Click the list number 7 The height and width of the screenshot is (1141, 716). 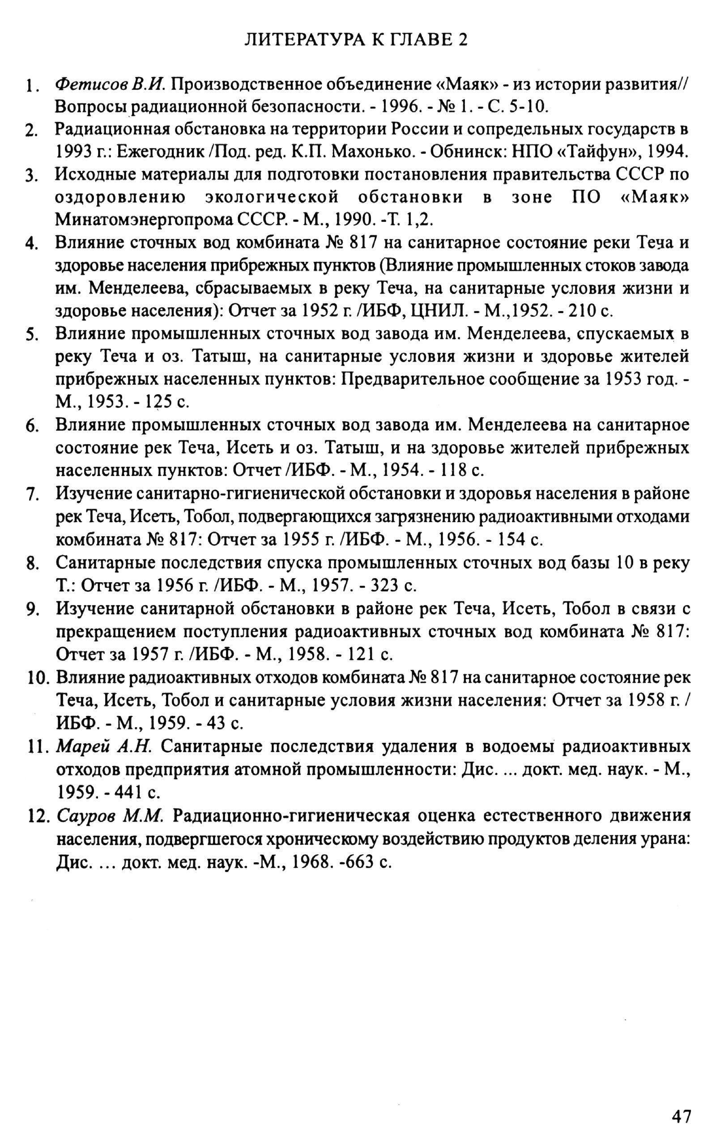tap(32, 495)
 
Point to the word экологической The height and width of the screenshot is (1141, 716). tap(272, 197)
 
